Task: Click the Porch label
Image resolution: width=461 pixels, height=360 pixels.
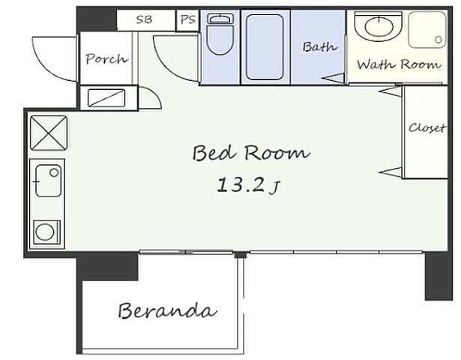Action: coord(107,59)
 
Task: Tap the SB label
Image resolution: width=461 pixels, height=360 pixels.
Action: coord(145,19)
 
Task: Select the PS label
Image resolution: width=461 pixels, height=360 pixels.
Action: coord(187,19)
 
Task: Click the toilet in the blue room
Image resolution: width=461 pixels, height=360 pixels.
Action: coord(220,34)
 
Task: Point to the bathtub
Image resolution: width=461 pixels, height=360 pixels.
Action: coord(265,47)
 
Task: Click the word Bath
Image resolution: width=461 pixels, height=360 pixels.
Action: coord(320,47)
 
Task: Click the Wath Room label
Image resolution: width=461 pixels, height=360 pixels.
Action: coord(399,64)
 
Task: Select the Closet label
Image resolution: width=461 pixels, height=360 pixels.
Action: coord(427,128)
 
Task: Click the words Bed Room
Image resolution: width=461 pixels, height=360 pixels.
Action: coord(251,153)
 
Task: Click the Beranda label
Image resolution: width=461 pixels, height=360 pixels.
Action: coord(168,310)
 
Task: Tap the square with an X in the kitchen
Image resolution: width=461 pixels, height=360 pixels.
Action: coord(49,133)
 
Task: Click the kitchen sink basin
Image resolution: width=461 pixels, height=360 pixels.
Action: coord(49,181)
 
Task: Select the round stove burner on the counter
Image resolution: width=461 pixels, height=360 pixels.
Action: coord(45,232)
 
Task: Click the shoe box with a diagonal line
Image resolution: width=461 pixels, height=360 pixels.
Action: coord(106,98)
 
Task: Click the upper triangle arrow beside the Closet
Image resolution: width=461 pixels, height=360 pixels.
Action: coord(390,91)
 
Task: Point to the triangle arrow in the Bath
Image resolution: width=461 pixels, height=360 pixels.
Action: coord(333,79)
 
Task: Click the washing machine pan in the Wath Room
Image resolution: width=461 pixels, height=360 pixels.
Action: coord(427,30)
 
